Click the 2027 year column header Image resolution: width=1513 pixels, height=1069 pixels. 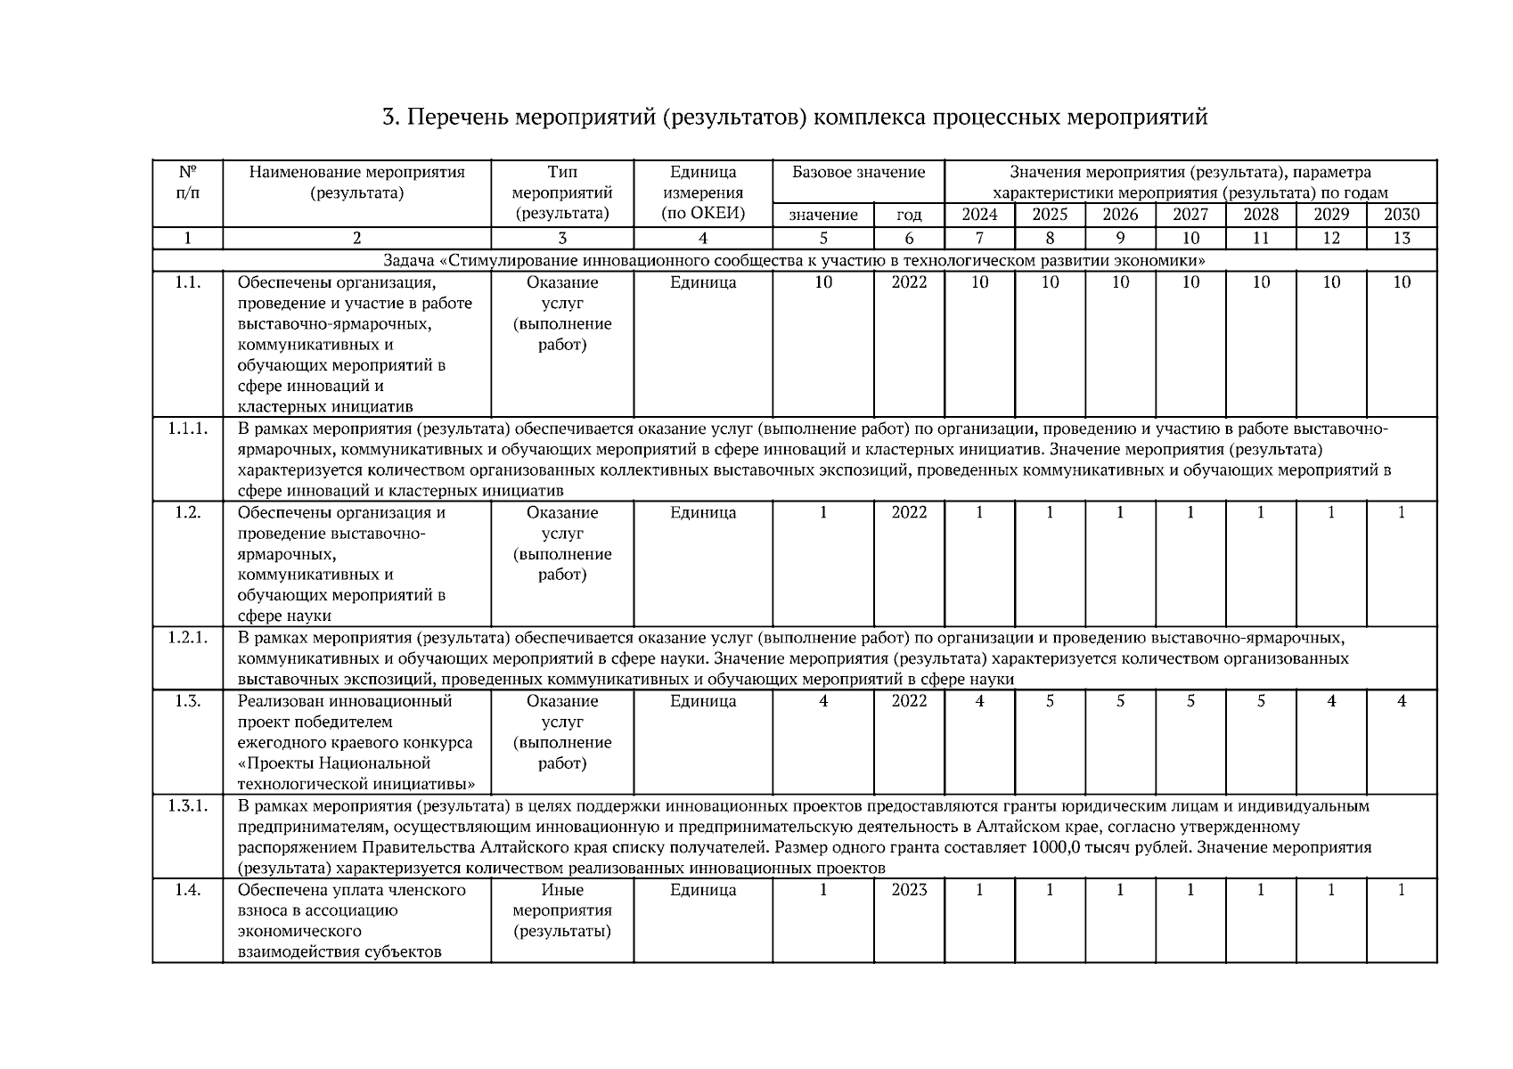(x=1190, y=215)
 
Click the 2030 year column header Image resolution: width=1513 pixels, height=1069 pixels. (x=1402, y=215)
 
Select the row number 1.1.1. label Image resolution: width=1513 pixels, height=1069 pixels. (x=187, y=428)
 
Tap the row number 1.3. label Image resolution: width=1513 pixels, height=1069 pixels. (x=187, y=701)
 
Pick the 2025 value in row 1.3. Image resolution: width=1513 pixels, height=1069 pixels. (x=1050, y=701)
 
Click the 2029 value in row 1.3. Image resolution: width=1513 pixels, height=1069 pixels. (x=1331, y=701)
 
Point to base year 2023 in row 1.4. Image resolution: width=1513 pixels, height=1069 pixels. (x=909, y=890)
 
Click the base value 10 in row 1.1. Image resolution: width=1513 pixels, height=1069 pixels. (x=823, y=282)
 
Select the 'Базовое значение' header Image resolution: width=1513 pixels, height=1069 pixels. (x=858, y=173)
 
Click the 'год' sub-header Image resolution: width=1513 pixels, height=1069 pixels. (x=909, y=215)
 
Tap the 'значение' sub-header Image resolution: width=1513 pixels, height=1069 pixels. (x=823, y=215)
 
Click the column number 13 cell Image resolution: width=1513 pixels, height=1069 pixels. (x=1402, y=238)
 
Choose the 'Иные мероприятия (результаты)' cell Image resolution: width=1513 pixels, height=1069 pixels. (x=562, y=910)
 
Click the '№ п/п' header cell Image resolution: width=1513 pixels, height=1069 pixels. (x=187, y=183)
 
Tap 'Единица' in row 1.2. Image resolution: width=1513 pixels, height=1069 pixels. (x=703, y=513)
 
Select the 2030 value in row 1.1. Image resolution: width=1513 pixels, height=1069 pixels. (x=1402, y=282)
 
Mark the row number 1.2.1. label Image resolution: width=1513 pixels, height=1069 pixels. (x=187, y=638)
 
